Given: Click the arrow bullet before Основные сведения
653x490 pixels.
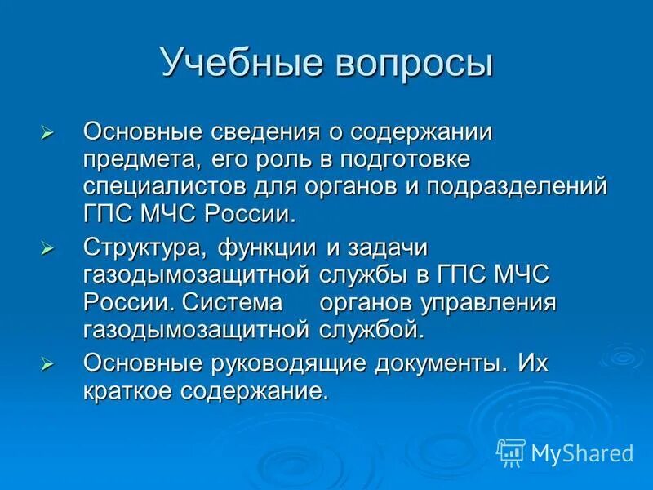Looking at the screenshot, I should click(47, 132).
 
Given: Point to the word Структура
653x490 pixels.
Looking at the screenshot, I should click(140, 247).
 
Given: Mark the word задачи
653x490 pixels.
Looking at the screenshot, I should click(389, 247).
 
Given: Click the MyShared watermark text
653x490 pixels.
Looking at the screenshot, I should click(582, 452).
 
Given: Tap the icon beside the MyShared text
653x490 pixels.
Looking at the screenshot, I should click(512, 451).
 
